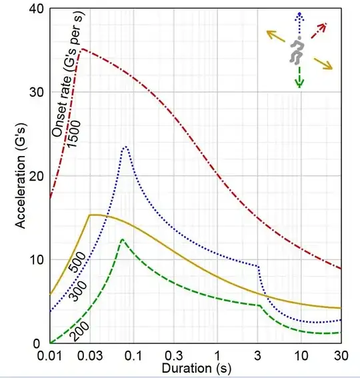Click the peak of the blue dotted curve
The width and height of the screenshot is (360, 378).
click(124, 146)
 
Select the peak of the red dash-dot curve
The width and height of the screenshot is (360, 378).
click(81, 49)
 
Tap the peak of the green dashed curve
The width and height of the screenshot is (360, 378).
click(121, 239)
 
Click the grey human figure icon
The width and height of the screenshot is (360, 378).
click(297, 51)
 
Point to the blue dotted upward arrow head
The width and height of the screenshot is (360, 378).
click(300, 15)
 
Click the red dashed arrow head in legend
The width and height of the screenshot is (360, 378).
click(325, 25)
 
